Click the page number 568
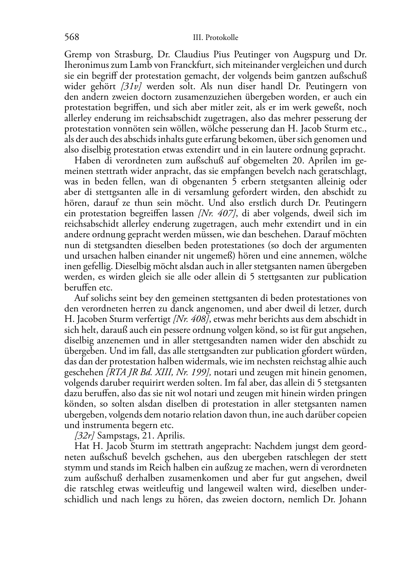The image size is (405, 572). pos(71,38)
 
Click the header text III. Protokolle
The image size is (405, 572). pos(216,38)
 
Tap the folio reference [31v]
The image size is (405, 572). pos(133,86)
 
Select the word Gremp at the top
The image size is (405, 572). pos(78,54)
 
